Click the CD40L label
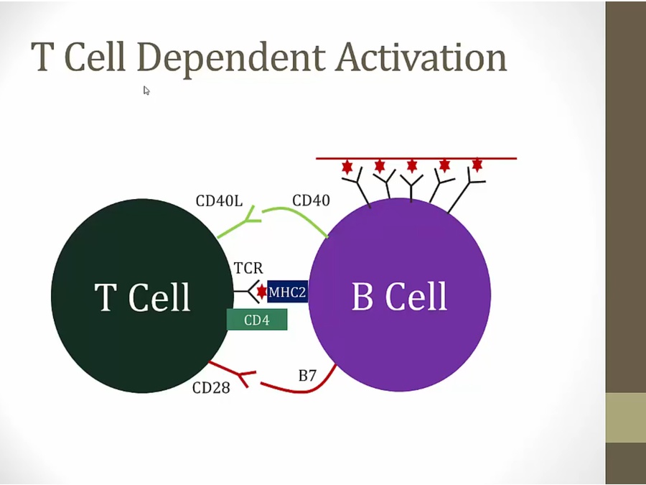[x=218, y=200]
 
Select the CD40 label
[x=311, y=200]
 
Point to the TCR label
[x=248, y=269]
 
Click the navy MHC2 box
[x=288, y=292]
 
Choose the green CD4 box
[x=257, y=320]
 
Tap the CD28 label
[x=211, y=388]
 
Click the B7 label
[x=307, y=375]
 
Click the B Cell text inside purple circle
[x=399, y=296]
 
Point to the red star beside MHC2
[x=262, y=291]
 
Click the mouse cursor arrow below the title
[x=146, y=91]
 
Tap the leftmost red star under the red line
[x=347, y=167]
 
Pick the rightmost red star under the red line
[x=477, y=165]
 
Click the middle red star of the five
[x=412, y=166]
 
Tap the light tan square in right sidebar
[x=625, y=417]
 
